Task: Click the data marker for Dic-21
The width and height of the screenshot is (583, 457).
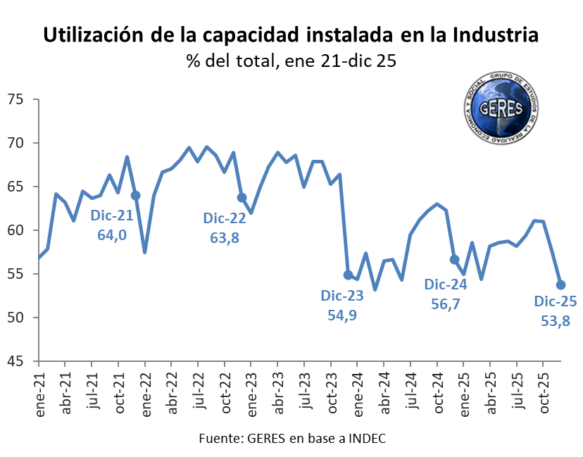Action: click(135, 195)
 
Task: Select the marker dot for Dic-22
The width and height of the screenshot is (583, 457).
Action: click(242, 198)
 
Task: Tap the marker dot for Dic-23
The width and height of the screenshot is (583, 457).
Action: click(348, 275)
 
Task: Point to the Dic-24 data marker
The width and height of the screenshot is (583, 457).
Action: click(454, 259)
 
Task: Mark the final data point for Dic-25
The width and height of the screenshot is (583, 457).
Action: click(561, 284)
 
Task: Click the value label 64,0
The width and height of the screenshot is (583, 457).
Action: click(112, 235)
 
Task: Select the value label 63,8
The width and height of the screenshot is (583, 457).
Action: click(225, 238)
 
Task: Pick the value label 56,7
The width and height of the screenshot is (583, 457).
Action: click(445, 303)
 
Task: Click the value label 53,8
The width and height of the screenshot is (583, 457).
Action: click(555, 321)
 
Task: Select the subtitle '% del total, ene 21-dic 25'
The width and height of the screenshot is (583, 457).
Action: click(291, 61)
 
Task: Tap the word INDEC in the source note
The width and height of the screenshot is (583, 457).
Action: click(365, 438)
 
